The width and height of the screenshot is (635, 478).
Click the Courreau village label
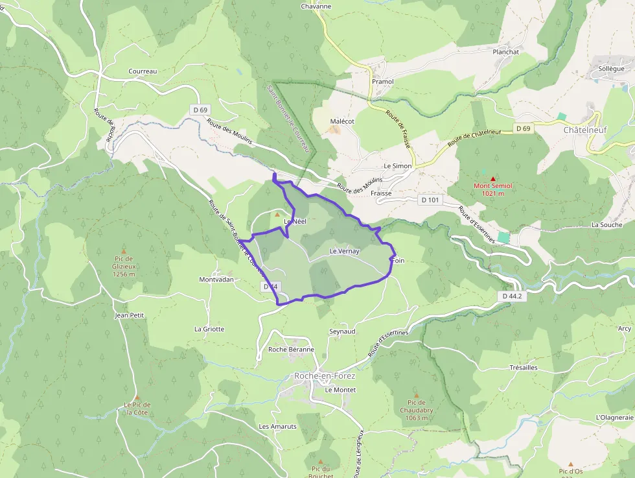(143, 71)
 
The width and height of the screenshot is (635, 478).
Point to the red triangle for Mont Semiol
(492, 178)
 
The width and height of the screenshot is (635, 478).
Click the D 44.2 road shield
(511, 296)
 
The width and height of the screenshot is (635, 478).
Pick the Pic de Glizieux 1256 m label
(123, 270)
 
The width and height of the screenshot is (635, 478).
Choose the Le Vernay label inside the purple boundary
(344, 251)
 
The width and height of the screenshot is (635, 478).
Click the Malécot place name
(342, 121)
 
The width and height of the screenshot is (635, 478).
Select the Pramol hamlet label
(382, 82)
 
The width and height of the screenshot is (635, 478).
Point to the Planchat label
(506, 52)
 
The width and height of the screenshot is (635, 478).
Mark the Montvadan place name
(216, 280)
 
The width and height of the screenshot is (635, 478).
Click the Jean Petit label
(129, 315)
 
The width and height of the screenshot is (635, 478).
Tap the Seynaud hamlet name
(342, 331)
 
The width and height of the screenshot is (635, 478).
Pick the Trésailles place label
(524, 367)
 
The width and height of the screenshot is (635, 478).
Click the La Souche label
(606, 224)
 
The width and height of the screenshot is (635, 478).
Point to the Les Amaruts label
(277, 426)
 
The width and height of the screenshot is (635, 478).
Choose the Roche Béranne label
(291, 349)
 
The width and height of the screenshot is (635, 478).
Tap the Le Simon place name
(397, 166)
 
